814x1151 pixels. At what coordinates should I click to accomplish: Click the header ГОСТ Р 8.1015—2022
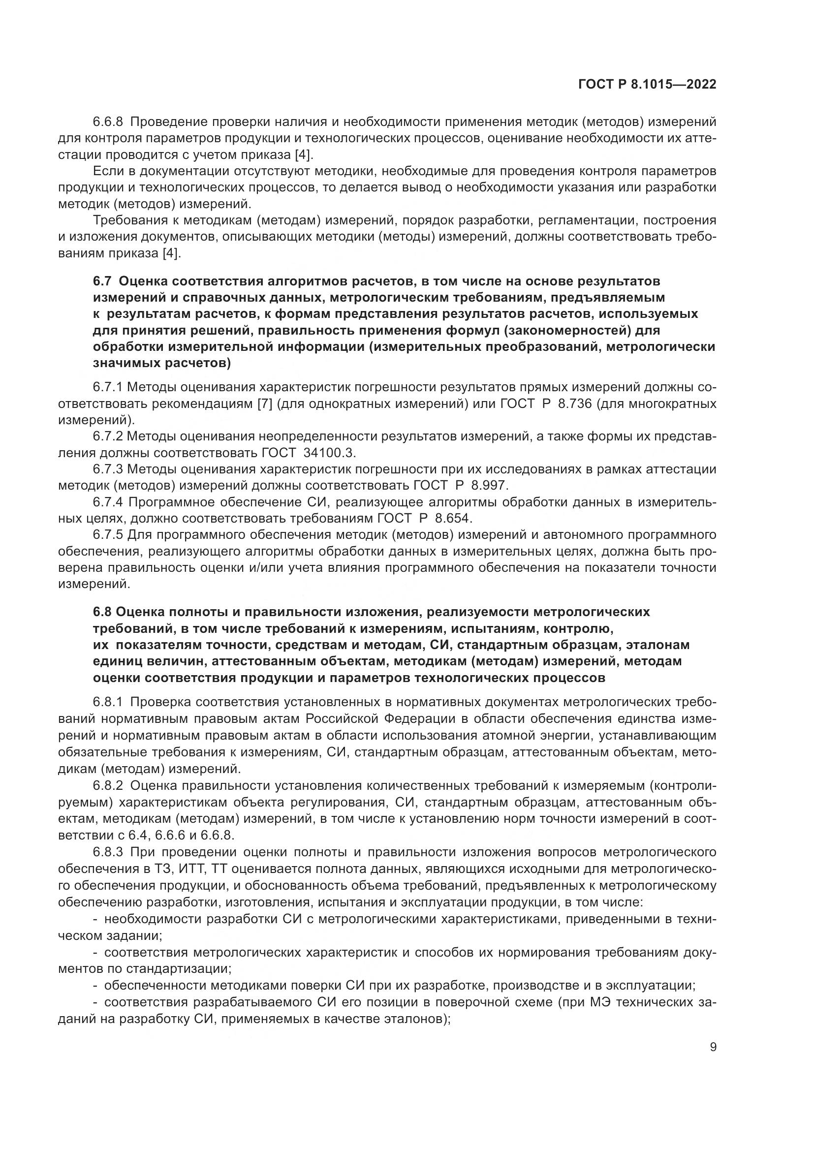[647, 85]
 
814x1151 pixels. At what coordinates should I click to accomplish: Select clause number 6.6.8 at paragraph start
[108, 122]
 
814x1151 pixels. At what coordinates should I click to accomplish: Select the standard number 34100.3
[329, 453]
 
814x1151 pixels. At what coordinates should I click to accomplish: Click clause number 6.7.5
[108, 535]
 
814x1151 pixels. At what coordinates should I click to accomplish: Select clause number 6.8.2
[108, 784]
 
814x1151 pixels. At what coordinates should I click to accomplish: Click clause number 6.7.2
[108, 436]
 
